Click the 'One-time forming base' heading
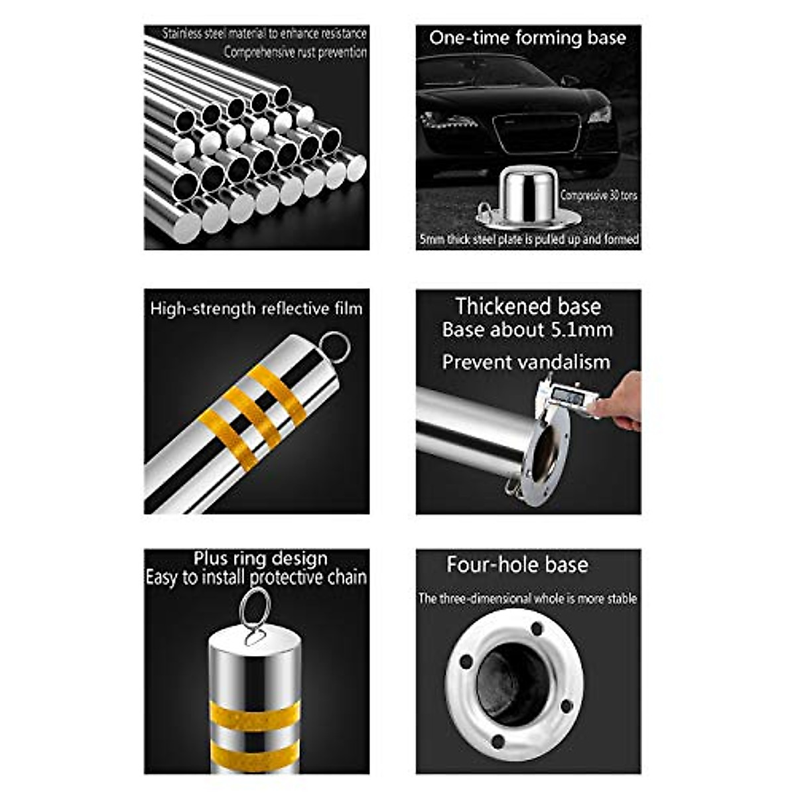[x=527, y=38]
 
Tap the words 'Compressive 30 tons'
[x=598, y=196]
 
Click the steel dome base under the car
[x=528, y=196]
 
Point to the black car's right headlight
[x=598, y=115]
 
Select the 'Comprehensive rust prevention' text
[x=295, y=52]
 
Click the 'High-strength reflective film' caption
[x=256, y=308]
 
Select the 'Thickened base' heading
[x=527, y=306]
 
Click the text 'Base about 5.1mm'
[x=527, y=330]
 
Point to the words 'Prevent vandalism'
[x=526, y=362]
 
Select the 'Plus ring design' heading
[x=260, y=559]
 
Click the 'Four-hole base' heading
[x=517, y=564]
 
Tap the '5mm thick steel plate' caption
[x=529, y=239]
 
